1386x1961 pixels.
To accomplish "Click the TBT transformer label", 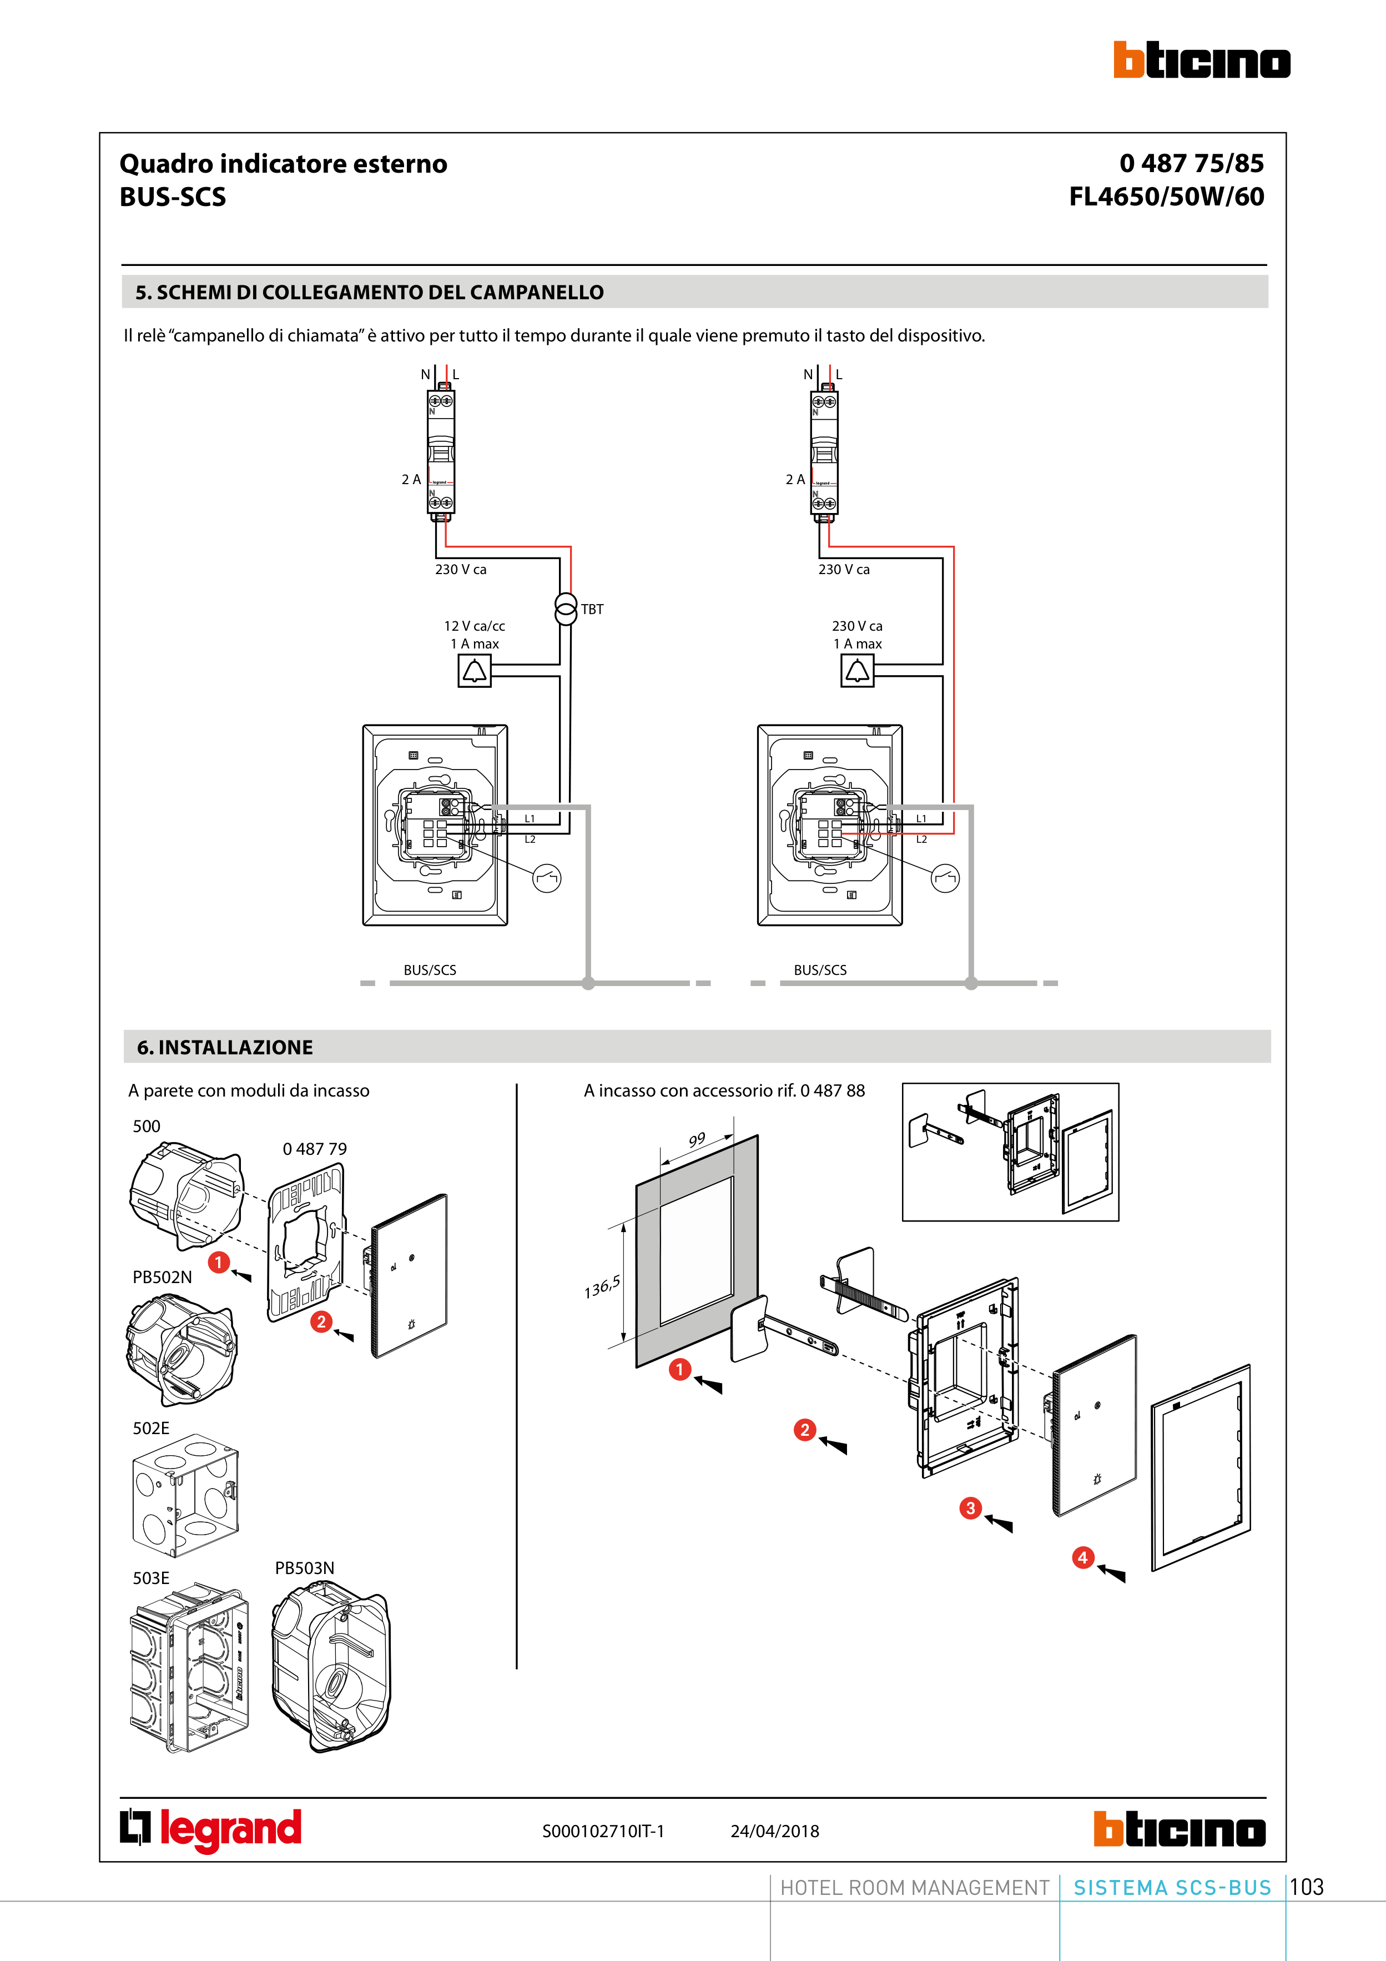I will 592,609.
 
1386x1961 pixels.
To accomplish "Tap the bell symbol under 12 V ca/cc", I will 474,671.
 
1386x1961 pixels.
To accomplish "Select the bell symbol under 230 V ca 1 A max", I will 856,671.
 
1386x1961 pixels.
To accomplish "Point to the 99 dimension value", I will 697,1139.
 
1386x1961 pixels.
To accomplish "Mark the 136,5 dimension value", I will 601,1287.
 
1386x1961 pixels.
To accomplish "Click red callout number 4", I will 1082,1557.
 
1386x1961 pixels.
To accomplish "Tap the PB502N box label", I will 162,1277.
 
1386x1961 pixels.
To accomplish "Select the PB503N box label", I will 304,1568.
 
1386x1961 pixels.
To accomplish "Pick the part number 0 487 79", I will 314,1149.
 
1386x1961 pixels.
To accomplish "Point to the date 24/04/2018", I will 774,1831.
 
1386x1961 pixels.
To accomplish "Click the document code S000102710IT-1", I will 603,1831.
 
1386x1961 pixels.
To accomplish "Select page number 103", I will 1307,1887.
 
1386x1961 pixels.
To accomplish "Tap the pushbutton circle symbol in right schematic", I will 945,878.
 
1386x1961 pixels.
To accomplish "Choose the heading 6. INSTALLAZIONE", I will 225,1047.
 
